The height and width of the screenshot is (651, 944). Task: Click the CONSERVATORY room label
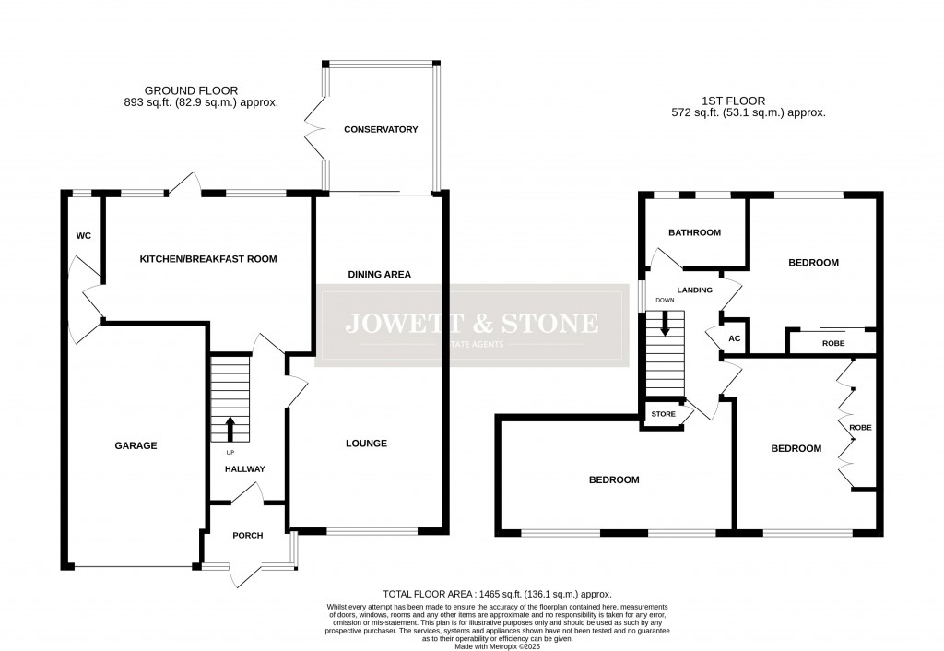tap(381, 129)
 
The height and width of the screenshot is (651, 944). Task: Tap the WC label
tap(83, 236)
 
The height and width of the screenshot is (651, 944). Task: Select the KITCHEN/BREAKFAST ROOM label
tap(207, 259)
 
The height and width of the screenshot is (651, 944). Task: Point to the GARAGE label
tap(136, 445)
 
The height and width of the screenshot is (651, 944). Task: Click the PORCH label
tap(248, 535)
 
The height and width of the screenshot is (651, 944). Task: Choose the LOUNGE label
tap(367, 444)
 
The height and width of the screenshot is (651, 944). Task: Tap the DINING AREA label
tap(379, 274)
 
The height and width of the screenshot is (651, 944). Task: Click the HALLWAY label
tap(244, 469)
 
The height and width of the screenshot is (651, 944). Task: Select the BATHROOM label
tap(694, 232)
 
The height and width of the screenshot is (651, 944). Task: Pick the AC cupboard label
tap(735, 338)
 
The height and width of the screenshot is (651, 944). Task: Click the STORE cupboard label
tap(663, 414)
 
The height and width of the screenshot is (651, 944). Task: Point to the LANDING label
tap(694, 290)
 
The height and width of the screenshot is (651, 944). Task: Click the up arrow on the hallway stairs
tap(230, 429)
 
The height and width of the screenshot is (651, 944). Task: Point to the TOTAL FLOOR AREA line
tap(497, 595)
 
